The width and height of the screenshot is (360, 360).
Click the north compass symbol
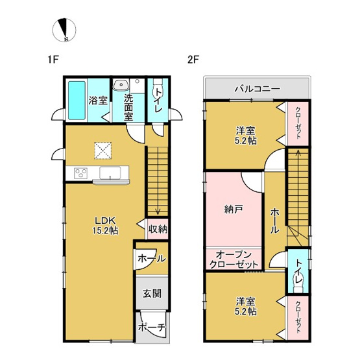[66, 29]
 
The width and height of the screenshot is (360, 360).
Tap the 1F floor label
[53, 60]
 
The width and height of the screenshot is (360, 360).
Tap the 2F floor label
[193, 60]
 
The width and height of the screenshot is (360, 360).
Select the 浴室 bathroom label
[97, 102]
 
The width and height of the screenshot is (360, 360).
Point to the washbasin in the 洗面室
[121, 86]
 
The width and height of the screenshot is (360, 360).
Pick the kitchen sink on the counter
[110, 172]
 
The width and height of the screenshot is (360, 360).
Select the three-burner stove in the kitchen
[81, 173]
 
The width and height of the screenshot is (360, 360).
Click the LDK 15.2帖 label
[106, 224]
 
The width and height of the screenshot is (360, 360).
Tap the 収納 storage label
[158, 228]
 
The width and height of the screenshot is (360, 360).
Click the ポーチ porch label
[152, 328]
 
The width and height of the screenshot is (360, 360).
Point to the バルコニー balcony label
[258, 88]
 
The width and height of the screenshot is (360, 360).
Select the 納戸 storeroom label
[234, 209]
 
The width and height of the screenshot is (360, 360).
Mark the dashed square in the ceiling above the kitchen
[101, 150]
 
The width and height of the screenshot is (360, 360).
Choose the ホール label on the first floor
[151, 258]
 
